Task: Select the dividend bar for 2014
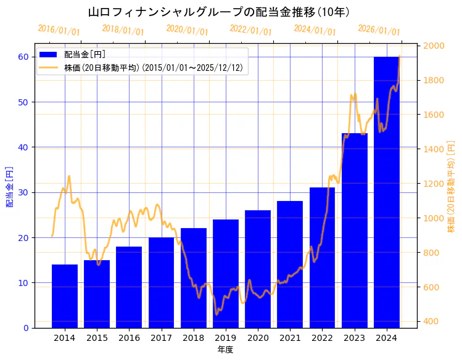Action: (x=65, y=297)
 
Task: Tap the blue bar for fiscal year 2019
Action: (x=226, y=274)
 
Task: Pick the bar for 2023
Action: (x=354, y=231)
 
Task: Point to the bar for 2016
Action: (x=129, y=287)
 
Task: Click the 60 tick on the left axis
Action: (x=23, y=57)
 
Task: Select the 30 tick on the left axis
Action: (x=23, y=192)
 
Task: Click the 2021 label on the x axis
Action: (x=290, y=338)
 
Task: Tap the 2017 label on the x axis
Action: (x=161, y=338)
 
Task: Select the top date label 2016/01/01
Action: (x=59, y=30)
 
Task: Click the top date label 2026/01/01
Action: (x=379, y=30)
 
